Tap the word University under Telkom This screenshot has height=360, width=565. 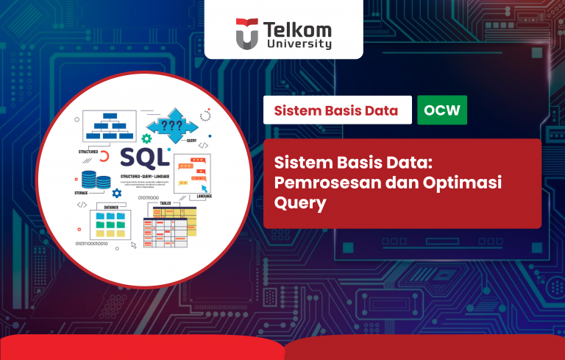(299, 44)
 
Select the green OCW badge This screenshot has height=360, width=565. (441, 110)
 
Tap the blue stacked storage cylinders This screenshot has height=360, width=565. (90, 179)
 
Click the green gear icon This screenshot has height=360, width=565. (147, 138)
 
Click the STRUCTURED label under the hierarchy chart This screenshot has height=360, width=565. (88, 152)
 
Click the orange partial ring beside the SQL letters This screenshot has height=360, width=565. (104, 156)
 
